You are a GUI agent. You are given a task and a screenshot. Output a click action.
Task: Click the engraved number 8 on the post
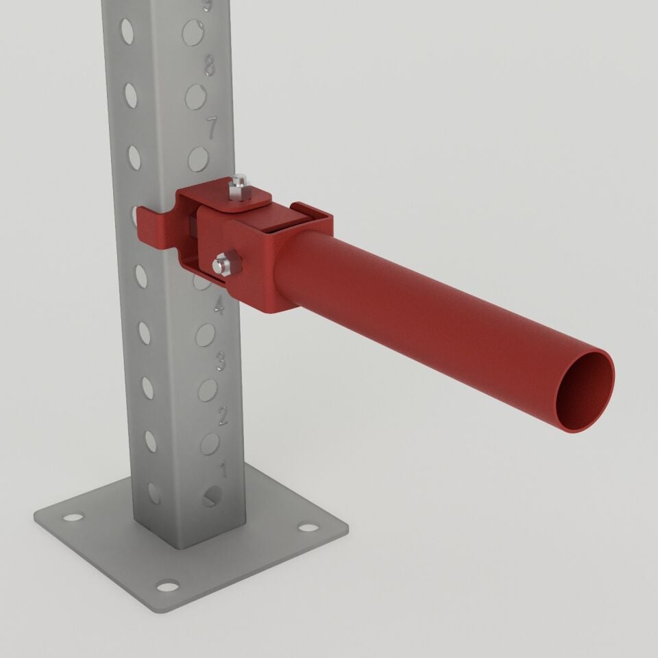pos(210,67)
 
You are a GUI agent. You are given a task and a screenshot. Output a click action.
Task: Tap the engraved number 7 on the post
pos(212,127)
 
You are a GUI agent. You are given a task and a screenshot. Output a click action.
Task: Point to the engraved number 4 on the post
pos(219,306)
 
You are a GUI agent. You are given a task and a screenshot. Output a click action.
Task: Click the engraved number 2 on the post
pos(222,415)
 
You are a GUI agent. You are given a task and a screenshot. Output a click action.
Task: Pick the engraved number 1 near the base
pos(223,470)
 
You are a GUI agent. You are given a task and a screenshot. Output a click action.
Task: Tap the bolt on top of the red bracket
pos(238,186)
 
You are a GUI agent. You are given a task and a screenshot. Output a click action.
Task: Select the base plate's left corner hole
pos(73,516)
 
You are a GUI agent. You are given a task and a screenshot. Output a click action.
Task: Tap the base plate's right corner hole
pos(308,528)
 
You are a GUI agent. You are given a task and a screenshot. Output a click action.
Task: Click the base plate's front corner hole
pos(167,585)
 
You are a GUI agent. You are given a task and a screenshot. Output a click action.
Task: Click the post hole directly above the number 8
pos(193,32)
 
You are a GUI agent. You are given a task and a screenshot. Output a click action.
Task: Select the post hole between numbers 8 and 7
pos(196,97)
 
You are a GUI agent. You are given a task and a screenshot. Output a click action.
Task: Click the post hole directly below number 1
pos(212,497)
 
